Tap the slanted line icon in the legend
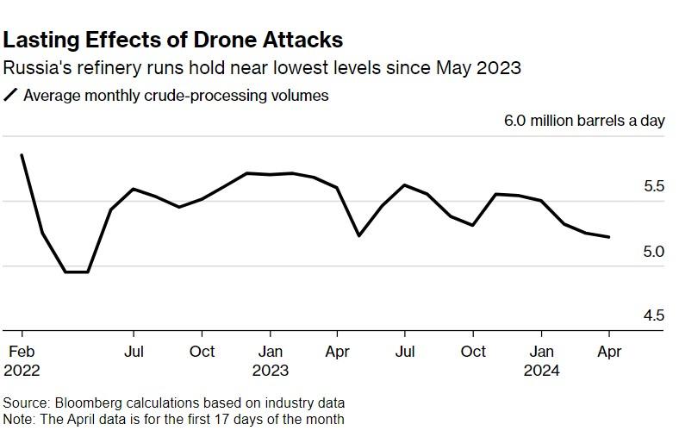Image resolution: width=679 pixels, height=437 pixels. coord(11,96)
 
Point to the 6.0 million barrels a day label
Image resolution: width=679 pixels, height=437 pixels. coord(584,120)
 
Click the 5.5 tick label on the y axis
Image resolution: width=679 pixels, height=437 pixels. coord(653,187)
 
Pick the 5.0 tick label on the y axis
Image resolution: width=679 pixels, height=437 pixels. coord(653,252)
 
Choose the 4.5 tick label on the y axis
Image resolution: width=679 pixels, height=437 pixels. coord(653,316)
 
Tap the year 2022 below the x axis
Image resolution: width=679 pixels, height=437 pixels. coord(22,371)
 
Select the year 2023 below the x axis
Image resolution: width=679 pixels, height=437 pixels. coord(270,371)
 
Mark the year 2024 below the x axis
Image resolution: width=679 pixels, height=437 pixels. coord(542,371)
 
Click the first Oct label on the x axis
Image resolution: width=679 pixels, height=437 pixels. coord(202,352)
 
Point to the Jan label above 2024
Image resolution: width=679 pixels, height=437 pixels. coord(542,352)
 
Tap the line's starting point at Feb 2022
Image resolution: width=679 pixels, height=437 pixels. coord(22,155)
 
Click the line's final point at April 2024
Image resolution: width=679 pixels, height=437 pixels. coord(609,237)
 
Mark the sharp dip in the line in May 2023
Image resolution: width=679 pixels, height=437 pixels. coord(359,235)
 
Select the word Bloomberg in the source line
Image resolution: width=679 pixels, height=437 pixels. coord(89,403)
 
